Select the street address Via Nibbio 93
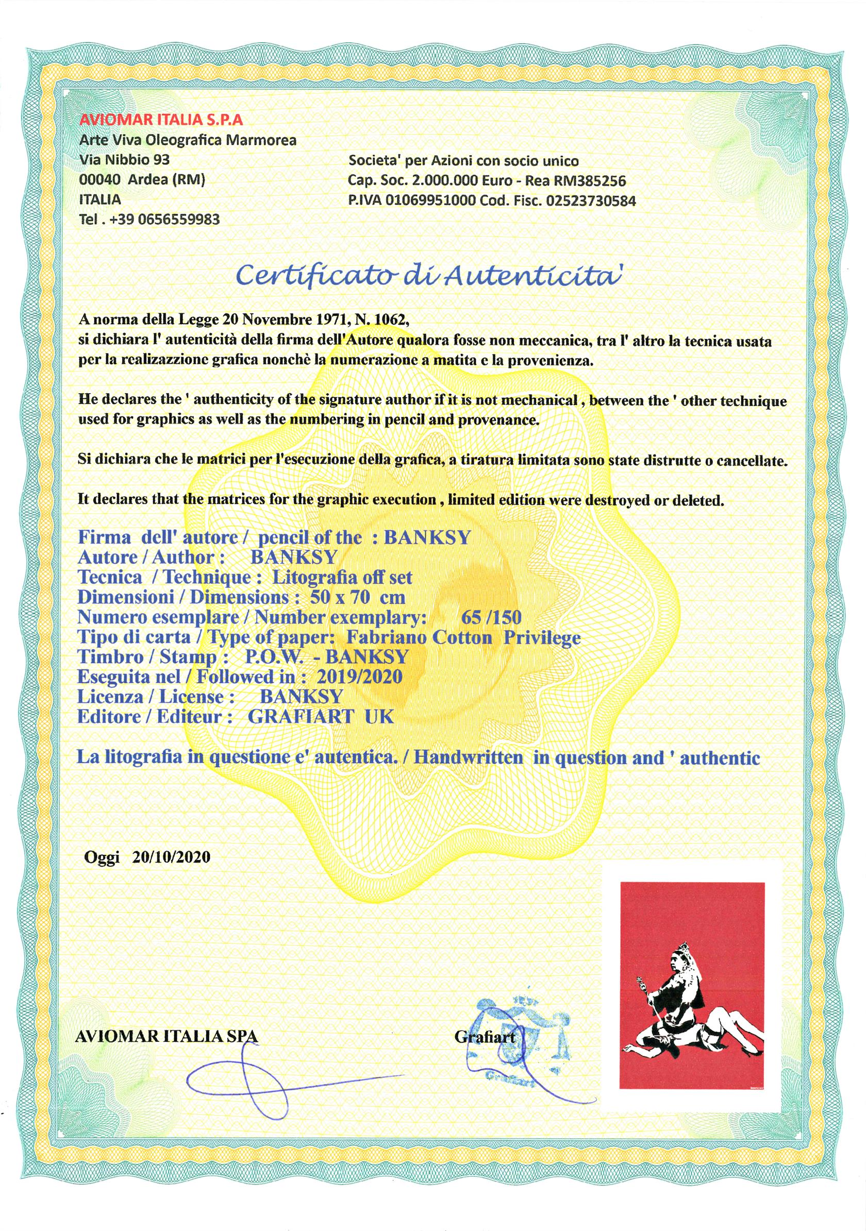click(x=124, y=160)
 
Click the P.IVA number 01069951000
click(x=434, y=201)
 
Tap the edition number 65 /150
click(x=491, y=618)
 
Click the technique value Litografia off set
click(x=342, y=578)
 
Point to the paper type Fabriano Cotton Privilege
click(x=463, y=637)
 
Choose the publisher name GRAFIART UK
click(x=321, y=717)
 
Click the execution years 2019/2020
click(x=359, y=677)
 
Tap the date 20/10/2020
click(x=171, y=857)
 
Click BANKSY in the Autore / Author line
click(x=293, y=558)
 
